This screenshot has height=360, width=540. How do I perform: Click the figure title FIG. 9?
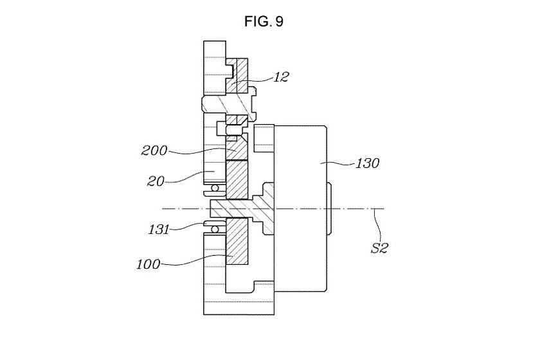coord(264,21)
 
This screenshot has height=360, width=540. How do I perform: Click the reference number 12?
coord(280,77)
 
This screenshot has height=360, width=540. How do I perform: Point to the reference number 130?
coord(367,163)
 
